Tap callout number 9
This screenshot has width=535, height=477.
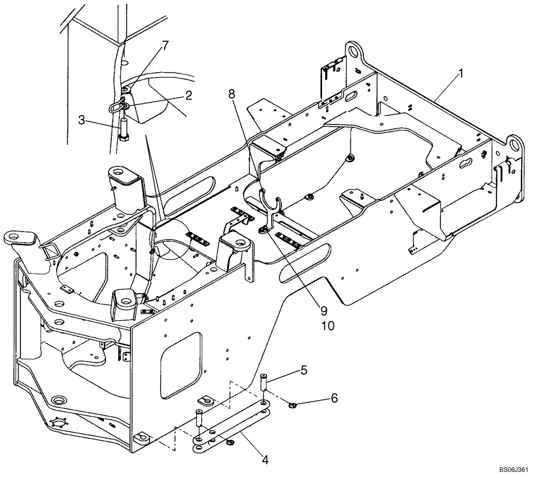[x=324, y=310]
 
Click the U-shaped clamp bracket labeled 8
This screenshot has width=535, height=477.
[x=272, y=204]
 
